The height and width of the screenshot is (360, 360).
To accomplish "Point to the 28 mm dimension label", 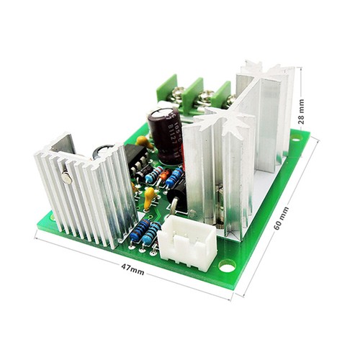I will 302,112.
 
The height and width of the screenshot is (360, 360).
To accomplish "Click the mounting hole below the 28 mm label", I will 295,134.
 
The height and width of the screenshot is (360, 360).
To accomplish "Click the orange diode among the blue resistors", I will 164,175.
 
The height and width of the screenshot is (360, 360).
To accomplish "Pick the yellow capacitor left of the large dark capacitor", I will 143,141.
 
